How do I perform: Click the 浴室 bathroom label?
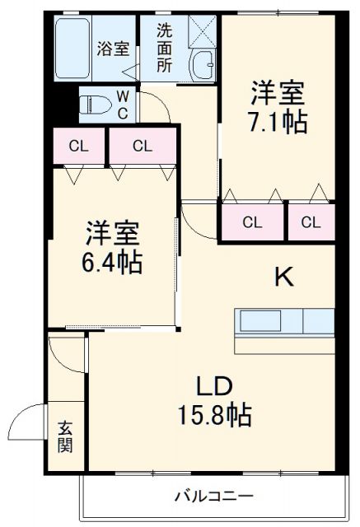(113, 48)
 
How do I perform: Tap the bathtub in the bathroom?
(73, 48)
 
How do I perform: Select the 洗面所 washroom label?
(165, 48)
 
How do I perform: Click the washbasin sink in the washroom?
(201, 63)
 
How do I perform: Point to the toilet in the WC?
(94, 105)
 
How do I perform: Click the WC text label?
(122, 105)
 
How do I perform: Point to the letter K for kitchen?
(283, 277)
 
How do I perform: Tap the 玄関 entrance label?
(65, 436)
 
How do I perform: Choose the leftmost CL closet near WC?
(79, 147)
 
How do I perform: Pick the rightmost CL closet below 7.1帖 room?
(311, 221)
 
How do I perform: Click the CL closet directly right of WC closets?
(143, 147)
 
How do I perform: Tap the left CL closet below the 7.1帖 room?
(252, 221)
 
